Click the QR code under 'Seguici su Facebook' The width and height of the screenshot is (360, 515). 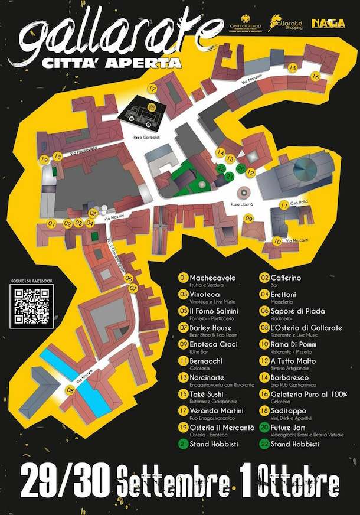pos(32,304)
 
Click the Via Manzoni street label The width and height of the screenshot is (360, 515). pos(251,86)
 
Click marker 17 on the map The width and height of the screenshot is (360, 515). pos(152,89)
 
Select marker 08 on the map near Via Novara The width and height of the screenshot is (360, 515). pos(70,390)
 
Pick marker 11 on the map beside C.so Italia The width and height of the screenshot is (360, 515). pos(284,205)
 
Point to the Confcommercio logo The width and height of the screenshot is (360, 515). pos(246,23)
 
